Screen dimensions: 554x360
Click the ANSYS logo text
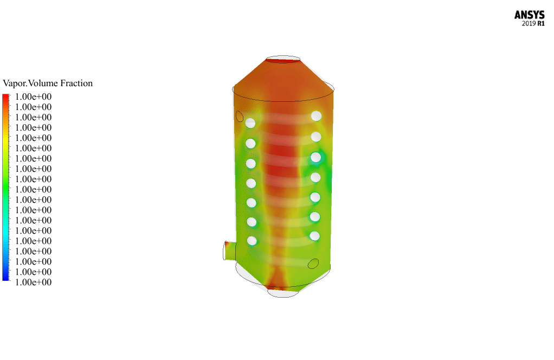pos(529,15)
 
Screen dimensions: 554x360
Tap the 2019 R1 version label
pos(533,24)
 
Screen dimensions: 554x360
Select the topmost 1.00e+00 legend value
pos(33,97)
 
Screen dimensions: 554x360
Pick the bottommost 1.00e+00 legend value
pos(33,282)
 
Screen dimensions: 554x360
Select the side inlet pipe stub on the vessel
pos(230,250)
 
